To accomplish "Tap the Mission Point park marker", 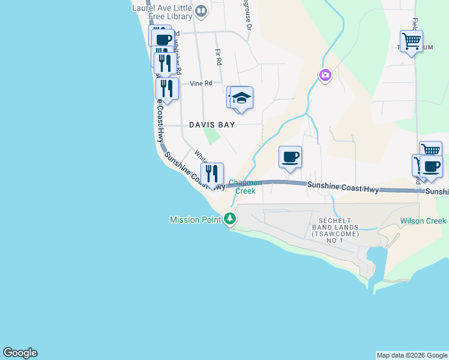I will tap(230, 220).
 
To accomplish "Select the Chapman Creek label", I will tap(245, 187).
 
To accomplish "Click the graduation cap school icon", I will tap(241, 98).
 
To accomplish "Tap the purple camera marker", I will tap(325, 75).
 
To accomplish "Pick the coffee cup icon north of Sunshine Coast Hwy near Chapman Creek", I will tap(290, 157).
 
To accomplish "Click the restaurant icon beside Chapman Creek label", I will tap(212, 174).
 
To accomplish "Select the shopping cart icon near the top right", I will tap(411, 41).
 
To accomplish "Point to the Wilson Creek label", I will tap(423, 221).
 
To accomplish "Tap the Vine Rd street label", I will tap(201, 83).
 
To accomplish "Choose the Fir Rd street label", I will tap(218, 57).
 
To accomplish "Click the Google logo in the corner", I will tap(20, 353).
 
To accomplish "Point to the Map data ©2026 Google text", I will tap(412, 355).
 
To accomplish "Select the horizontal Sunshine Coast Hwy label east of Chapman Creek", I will tap(343, 188).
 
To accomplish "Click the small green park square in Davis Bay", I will tap(211, 136).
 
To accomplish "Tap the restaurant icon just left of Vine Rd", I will tap(167, 89).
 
